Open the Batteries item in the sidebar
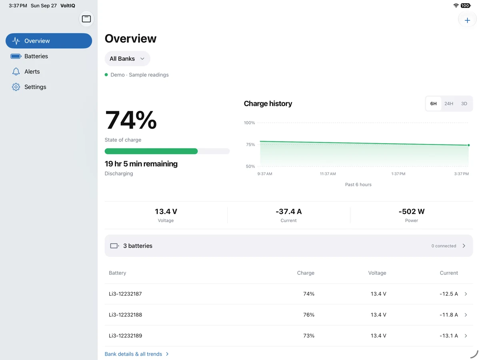click(x=36, y=56)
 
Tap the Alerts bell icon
click(x=16, y=72)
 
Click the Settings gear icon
click(x=16, y=87)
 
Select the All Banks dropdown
click(x=127, y=58)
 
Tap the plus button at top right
click(x=467, y=20)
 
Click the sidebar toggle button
click(x=86, y=19)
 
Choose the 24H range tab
click(x=448, y=104)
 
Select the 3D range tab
click(x=464, y=104)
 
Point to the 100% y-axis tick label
click(x=249, y=123)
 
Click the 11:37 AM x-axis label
click(x=328, y=174)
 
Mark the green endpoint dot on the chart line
click(x=468, y=145)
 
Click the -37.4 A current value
click(x=288, y=211)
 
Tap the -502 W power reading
click(x=411, y=211)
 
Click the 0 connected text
click(x=444, y=246)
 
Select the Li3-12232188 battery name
click(x=125, y=315)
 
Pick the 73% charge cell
click(x=308, y=336)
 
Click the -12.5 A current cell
click(x=448, y=294)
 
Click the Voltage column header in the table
click(x=377, y=273)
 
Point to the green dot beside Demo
click(x=106, y=75)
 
